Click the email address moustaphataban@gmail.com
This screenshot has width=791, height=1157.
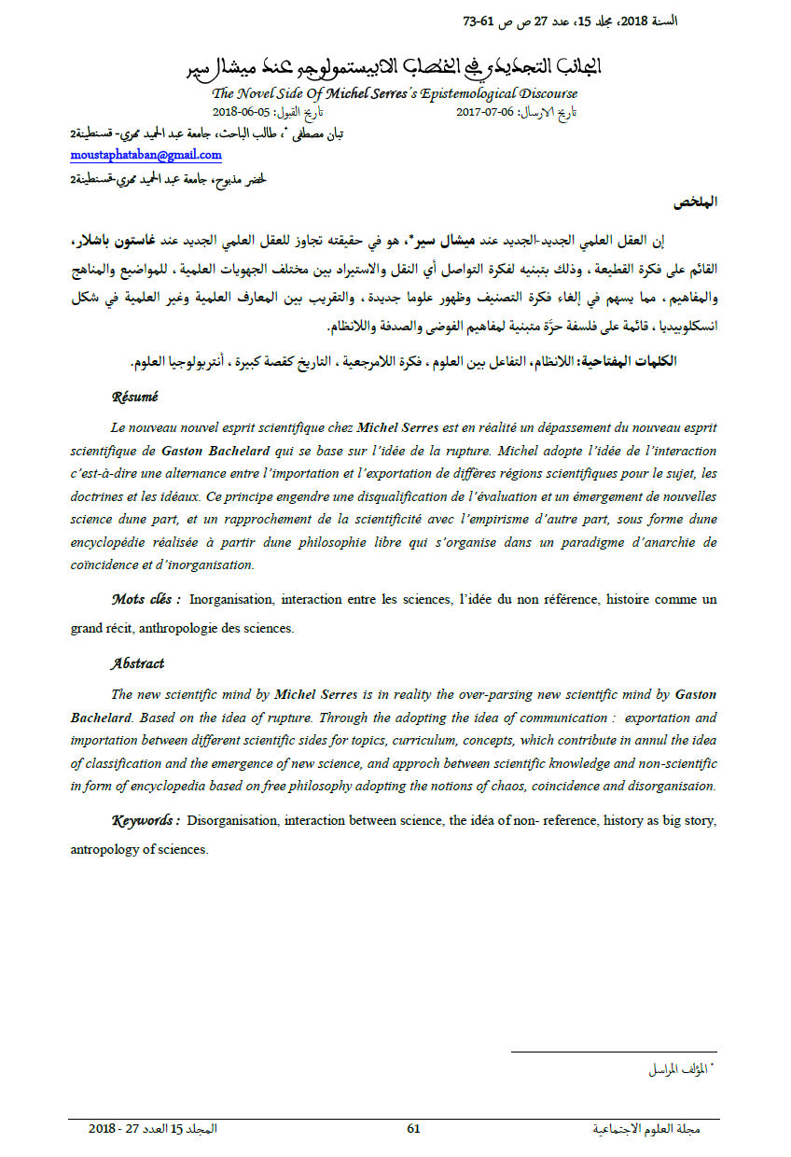pyautogui.click(x=146, y=155)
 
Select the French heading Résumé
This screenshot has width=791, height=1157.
pyautogui.click(x=134, y=397)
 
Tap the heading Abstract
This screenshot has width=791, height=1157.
pyautogui.click(x=137, y=663)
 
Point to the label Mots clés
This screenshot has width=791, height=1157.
pyautogui.click(x=146, y=599)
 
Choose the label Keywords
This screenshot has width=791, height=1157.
pyautogui.click(x=146, y=821)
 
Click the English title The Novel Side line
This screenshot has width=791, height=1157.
pyautogui.click(x=395, y=93)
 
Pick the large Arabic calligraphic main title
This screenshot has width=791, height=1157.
pyautogui.click(x=395, y=67)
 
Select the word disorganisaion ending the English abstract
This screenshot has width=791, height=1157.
pyautogui.click(x=670, y=786)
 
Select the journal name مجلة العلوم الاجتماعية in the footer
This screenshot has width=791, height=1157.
pyautogui.click(x=646, y=1129)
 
